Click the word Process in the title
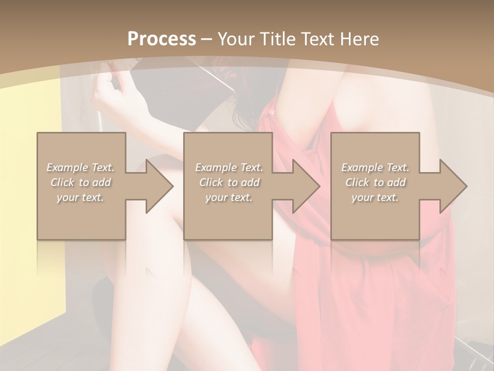[161, 39]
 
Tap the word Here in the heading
[360, 39]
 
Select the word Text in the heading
[318, 39]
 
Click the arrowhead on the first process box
[156, 186]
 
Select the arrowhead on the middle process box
[303, 186]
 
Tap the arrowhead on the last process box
[450, 186]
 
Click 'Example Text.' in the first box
[81, 167]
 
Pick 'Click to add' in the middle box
[229, 182]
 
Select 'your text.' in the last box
[375, 197]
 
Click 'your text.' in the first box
[81, 197]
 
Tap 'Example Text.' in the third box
[375, 167]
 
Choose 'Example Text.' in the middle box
[229, 167]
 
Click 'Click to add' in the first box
[81, 182]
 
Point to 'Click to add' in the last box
[375, 182]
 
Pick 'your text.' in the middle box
[229, 197]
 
